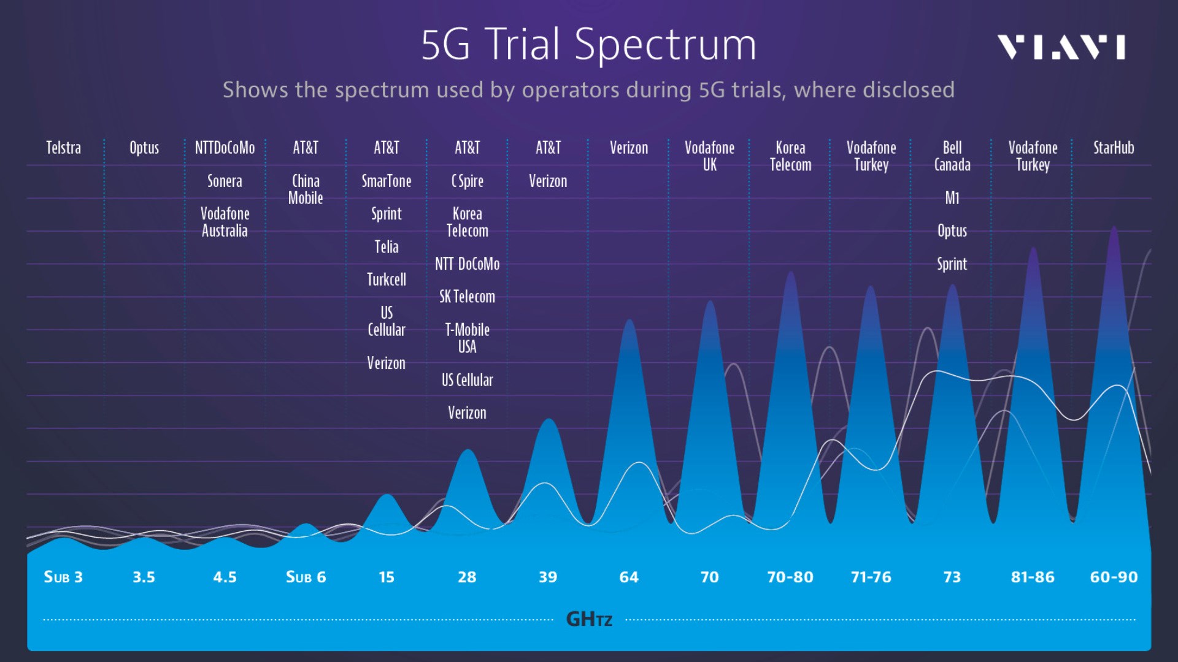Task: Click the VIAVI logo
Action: pos(1061,47)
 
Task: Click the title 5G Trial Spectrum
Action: pos(588,45)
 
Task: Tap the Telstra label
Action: pos(63,148)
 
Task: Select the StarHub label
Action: pos(1113,148)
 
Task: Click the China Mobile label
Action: pos(306,189)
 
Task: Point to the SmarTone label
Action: pos(386,181)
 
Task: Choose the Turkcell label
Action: pos(386,280)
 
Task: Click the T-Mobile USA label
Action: pos(467,338)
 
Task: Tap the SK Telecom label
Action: pos(467,297)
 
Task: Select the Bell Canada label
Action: pos(952,156)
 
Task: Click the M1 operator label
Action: pos(952,198)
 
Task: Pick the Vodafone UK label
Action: pos(709,156)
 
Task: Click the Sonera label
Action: pos(225,181)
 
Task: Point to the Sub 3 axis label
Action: pos(63,577)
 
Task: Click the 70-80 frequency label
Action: pos(790,577)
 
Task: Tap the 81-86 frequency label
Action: pos(1033,577)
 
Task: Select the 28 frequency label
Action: pos(467,577)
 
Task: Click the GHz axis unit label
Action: pos(588,619)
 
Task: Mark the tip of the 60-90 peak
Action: pos(1114,227)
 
